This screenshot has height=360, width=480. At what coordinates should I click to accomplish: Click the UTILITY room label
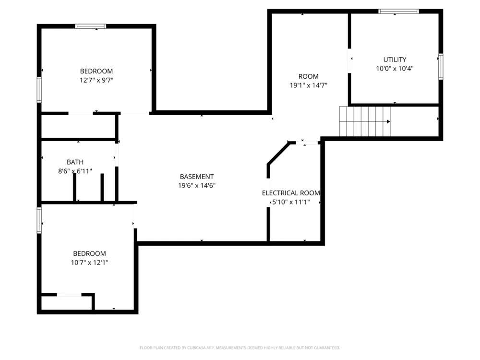pyautogui.click(x=395, y=60)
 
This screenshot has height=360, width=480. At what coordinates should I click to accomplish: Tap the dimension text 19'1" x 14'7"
pyautogui.click(x=309, y=85)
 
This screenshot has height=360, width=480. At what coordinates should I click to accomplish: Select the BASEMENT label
pyautogui.click(x=196, y=177)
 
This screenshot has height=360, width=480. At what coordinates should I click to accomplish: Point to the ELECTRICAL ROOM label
pyautogui.click(x=291, y=193)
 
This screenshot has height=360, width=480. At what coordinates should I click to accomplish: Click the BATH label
pyautogui.click(x=75, y=162)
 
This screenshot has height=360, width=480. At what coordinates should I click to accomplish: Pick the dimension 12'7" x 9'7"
pyautogui.click(x=96, y=80)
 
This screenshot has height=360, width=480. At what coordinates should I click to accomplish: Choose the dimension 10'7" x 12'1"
pyautogui.click(x=89, y=263)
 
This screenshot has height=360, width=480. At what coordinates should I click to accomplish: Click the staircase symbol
pyautogui.click(x=365, y=121)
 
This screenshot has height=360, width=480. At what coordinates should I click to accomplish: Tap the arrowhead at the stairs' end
pyautogui.click(x=388, y=121)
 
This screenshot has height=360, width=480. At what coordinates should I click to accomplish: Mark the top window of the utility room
pyautogui.click(x=398, y=12)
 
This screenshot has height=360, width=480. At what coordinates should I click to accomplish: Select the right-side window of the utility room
pyautogui.click(x=441, y=66)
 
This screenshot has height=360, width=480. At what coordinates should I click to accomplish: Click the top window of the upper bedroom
pyautogui.click(x=91, y=26)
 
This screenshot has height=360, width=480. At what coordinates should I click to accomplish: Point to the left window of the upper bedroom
pyautogui.click(x=39, y=89)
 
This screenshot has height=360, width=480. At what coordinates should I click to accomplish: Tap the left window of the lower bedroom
pyautogui.click(x=39, y=220)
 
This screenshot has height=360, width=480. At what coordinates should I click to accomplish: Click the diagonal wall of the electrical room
pyautogui.click(x=278, y=154)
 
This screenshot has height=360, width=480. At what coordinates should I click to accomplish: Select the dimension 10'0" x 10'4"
pyautogui.click(x=395, y=69)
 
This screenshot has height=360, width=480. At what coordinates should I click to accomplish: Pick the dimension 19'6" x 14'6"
pyautogui.click(x=196, y=185)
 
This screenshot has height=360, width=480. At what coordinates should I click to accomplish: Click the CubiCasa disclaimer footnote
pyautogui.click(x=240, y=348)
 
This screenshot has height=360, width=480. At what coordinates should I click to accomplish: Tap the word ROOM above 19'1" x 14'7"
pyautogui.click(x=309, y=76)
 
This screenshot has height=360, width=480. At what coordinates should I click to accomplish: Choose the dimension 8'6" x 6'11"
pyautogui.click(x=75, y=171)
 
